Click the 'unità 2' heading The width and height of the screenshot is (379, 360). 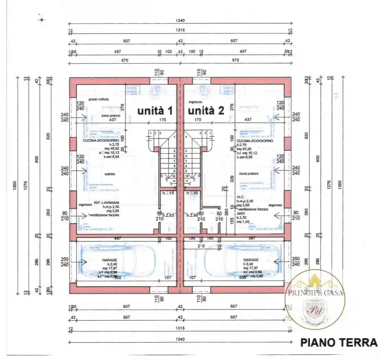coord(206,111)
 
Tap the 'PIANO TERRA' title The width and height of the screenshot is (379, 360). coord(339,343)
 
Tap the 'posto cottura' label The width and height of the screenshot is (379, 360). coord(98,99)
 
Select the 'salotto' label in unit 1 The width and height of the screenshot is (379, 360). coord(110,174)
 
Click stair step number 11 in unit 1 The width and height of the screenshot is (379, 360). coord(174,181)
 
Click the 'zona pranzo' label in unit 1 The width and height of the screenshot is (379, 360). coord(110,116)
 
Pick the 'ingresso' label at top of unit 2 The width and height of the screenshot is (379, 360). coord(195,102)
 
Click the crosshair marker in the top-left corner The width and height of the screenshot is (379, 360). coord(42,20)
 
